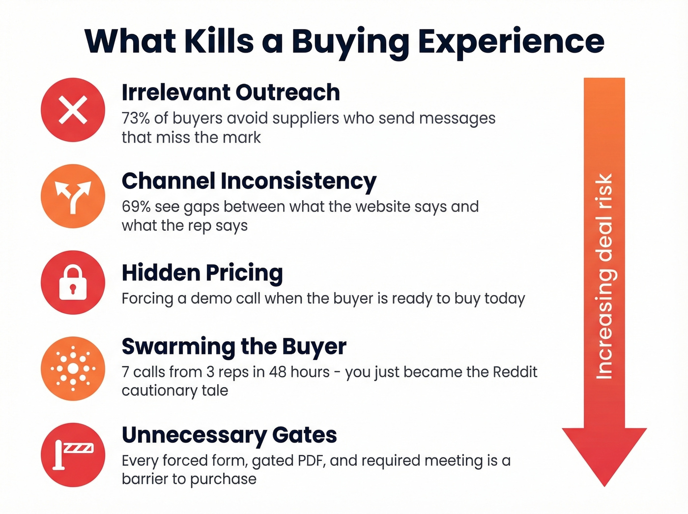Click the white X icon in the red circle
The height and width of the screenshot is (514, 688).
click(73, 110)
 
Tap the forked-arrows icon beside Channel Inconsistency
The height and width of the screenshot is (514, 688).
click(73, 196)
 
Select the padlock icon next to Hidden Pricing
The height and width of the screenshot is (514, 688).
click(73, 282)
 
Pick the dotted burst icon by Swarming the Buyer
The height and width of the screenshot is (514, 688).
click(73, 368)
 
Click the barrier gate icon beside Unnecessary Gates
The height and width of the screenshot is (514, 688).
click(73, 454)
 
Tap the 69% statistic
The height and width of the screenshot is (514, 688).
click(136, 207)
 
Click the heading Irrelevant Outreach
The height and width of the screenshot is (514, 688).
click(230, 92)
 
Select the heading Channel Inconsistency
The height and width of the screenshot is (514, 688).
click(249, 181)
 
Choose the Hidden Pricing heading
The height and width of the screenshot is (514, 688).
click(202, 272)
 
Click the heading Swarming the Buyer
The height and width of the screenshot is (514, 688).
click(234, 346)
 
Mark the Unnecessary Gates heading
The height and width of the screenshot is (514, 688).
click(229, 435)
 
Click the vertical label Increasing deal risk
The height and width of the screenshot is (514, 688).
click(604, 276)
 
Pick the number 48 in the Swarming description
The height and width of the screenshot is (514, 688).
click(278, 372)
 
